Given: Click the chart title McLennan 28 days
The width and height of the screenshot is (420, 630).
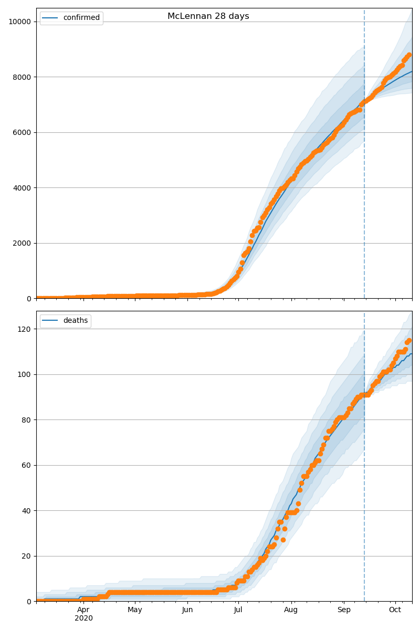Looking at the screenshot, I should pyautogui.click(x=208, y=16).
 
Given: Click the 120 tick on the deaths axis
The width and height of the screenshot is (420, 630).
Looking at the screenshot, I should pyautogui.click(x=24, y=329).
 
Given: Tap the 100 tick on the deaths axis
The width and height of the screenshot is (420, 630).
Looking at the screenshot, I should pyautogui.click(x=24, y=374).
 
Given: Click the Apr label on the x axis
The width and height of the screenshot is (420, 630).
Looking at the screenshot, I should pyautogui.click(x=83, y=610).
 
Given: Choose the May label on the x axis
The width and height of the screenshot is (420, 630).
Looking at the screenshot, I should pyautogui.click(x=135, y=610).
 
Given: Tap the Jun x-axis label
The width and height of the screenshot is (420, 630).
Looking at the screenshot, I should pyautogui.click(x=187, y=610).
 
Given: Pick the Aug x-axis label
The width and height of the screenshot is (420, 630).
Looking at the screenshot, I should pyautogui.click(x=291, y=610).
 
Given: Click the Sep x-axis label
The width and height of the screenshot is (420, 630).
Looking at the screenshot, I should pyautogui.click(x=343, y=610).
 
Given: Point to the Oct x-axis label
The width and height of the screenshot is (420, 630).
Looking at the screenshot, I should pyautogui.click(x=395, y=610).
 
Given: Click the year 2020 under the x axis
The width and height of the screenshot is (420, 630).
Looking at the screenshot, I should pyautogui.click(x=83, y=618).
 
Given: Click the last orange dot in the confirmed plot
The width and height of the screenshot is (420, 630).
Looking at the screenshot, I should pyautogui.click(x=409, y=55).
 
